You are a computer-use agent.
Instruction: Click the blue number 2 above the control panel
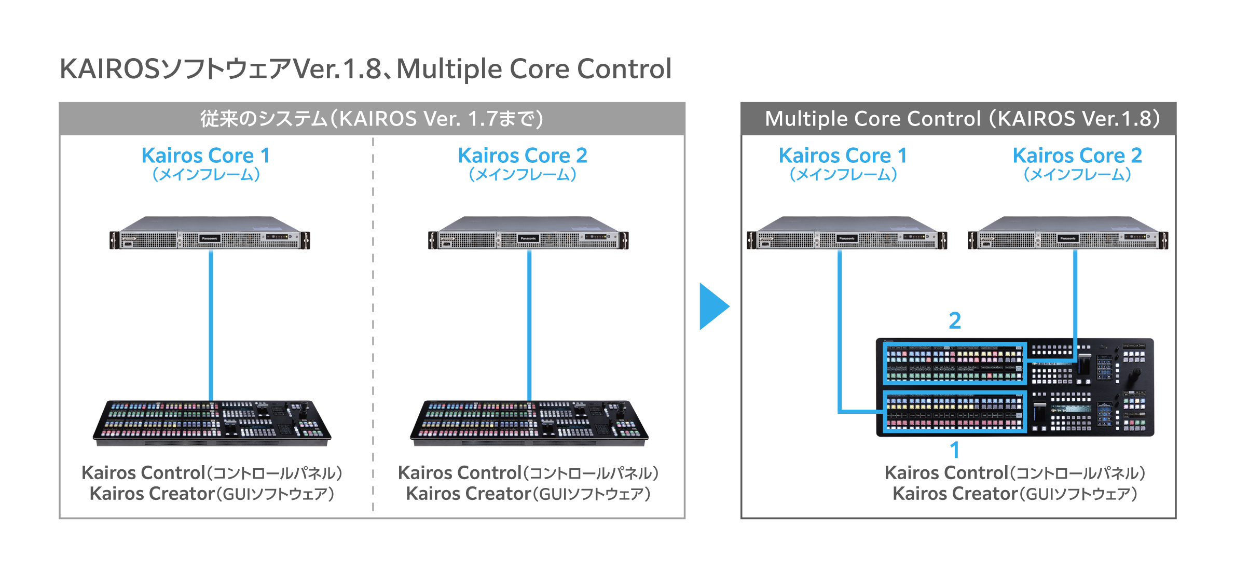click(955, 320)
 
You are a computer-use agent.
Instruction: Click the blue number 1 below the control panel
click(955, 450)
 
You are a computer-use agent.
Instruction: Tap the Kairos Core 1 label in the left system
click(205, 156)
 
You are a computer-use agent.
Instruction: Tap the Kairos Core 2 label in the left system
click(522, 156)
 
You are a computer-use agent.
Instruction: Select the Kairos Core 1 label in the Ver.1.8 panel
click(843, 156)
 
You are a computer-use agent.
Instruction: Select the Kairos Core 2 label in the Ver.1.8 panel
click(1077, 156)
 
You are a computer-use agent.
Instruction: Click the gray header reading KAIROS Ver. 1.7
click(372, 119)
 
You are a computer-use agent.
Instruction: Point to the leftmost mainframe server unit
click(210, 234)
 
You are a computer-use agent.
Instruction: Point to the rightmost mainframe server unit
click(1068, 234)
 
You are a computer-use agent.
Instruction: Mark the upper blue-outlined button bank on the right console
click(954, 364)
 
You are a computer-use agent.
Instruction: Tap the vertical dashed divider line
click(373, 322)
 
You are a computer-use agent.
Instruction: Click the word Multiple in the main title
click(448, 69)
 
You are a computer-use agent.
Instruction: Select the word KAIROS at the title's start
click(109, 69)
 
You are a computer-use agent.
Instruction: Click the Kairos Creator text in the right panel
click(955, 494)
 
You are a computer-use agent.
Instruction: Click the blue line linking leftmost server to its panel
click(211, 324)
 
